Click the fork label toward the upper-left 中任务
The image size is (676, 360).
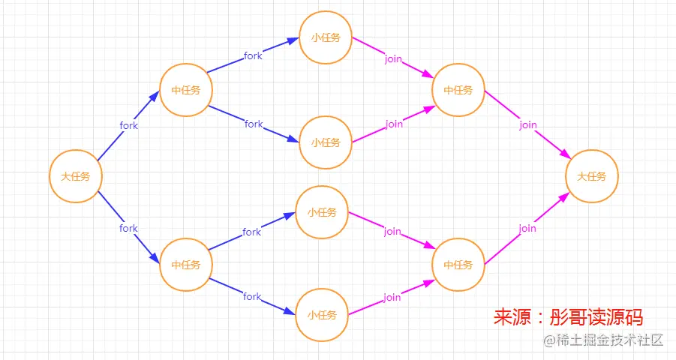pos(128,125)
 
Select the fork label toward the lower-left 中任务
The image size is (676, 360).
pos(128,228)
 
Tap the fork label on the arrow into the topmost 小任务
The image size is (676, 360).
pos(253,55)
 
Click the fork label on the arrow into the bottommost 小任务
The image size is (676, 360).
pos(252,296)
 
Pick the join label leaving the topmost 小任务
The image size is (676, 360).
pos(393,59)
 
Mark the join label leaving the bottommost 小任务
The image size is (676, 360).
pos(392,297)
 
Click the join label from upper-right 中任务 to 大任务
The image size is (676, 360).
pos(528,125)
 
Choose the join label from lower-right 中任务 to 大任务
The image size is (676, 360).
pos(527,229)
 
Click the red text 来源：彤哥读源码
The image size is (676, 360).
pos(568,317)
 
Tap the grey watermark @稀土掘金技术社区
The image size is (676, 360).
pos(603,340)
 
